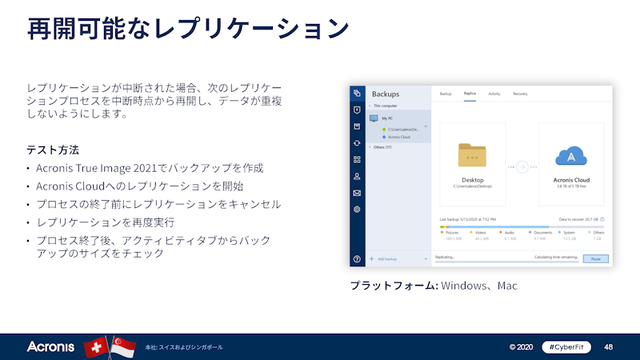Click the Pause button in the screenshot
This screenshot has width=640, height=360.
(x=594, y=258)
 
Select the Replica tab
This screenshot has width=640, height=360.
(x=470, y=94)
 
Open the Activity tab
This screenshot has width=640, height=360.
(x=494, y=94)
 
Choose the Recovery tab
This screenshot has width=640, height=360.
(x=520, y=94)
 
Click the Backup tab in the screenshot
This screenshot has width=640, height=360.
(x=446, y=94)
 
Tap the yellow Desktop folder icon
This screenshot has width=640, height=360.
(x=473, y=156)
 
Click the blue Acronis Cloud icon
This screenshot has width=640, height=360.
(x=571, y=156)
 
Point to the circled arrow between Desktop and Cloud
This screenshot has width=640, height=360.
(x=522, y=167)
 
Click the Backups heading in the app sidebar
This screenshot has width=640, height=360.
(x=386, y=94)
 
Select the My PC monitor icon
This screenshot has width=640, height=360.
(x=374, y=118)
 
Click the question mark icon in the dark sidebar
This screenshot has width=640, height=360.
(x=357, y=259)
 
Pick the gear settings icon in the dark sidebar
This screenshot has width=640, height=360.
(x=357, y=210)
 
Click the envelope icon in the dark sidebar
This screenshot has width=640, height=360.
(x=357, y=193)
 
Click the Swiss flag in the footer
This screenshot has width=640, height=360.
(x=96, y=347)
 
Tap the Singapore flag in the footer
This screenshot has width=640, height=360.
(x=122, y=347)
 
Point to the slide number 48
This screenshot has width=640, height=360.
(x=609, y=347)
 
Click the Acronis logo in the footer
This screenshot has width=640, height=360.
(x=50, y=347)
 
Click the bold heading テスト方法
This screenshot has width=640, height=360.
(x=53, y=150)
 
